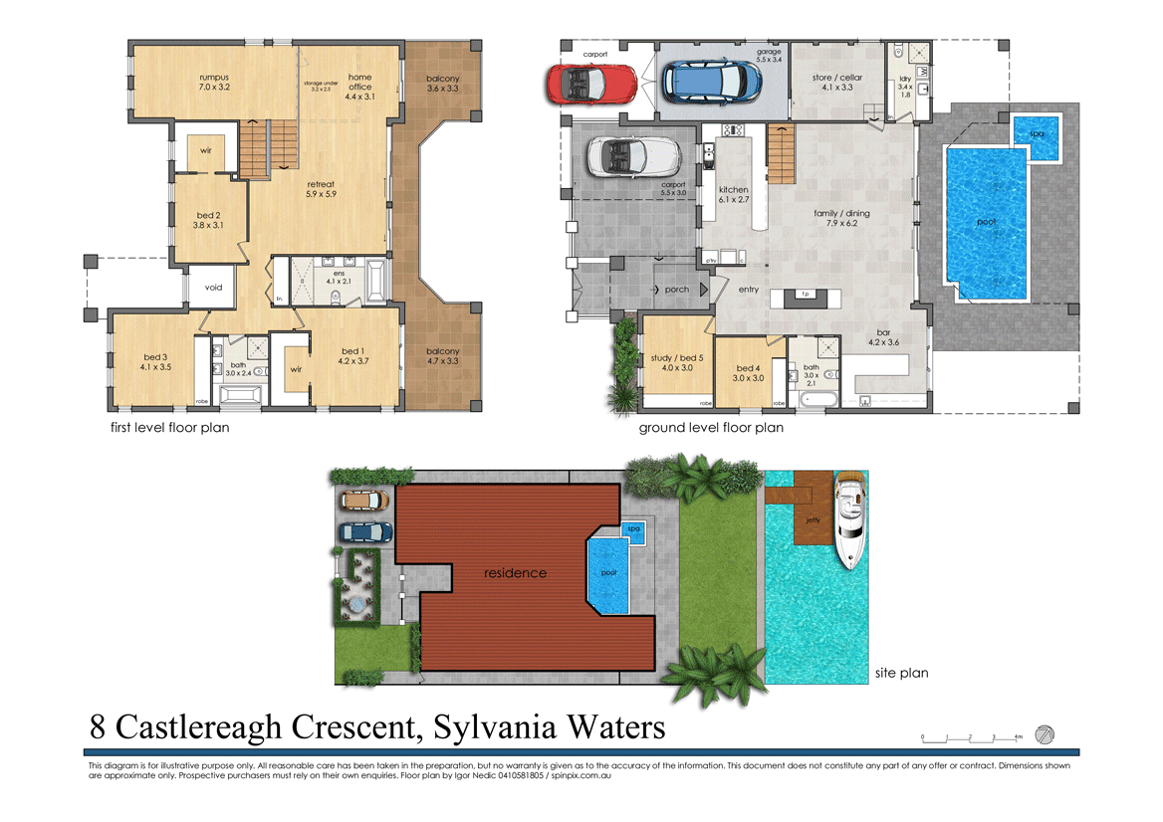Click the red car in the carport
tap(590, 82)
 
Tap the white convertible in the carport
tap(633, 157)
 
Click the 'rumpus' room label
tap(214, 77)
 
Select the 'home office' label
tap(359, 82)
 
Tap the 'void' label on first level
tap(213, 288)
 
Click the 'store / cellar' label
tap(836, 77)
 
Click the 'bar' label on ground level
tap(882, 332)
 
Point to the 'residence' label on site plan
tap(515, 572)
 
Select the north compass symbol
tap(1045, 734)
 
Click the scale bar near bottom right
tap(970, 738)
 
